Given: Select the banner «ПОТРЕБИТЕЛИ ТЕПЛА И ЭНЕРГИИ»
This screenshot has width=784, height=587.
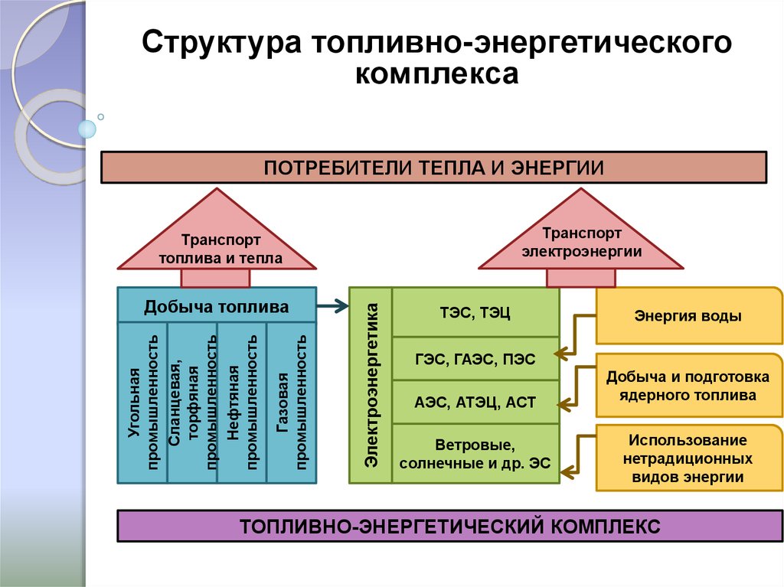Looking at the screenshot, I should pyautogui.click(x=434, y=167).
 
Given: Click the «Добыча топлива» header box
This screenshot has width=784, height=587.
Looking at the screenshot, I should pyautogui.click(x=217, y=307).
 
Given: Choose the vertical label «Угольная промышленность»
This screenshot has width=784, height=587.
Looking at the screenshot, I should pyautogui.click(x=142, y=403).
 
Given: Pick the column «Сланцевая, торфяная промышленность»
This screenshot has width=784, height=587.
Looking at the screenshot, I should pyautogui.click(x=192, y=403).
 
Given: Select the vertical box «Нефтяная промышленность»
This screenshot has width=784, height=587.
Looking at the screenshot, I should pyautogui.click(x=242, y=403).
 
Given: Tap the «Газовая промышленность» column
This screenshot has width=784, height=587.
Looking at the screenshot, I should pyautogui.click(x=292, y=403).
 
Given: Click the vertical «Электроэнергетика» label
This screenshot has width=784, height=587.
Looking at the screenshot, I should pyautogui.click(x=371, y=385).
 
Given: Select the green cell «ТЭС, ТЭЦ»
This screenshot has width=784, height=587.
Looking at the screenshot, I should pyautogui.click(x=475, y=311).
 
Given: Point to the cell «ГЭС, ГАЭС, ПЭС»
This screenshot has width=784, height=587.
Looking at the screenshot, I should pyautogui.click(x=475, y=359).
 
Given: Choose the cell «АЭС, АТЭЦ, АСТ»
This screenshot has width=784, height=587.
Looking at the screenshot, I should pyautogui.click(x=475, y=403).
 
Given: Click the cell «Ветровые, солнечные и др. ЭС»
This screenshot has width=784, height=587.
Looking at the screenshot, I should pyautogui.click(x=475, y=453).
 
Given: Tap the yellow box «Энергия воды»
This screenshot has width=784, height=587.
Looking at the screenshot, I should pyautogui.click(x=688, y=315).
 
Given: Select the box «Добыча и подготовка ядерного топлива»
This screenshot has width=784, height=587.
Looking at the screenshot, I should pyautogui.click(x=688, y=386).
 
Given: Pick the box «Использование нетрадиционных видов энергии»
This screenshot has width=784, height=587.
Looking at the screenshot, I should pyautogui.click(x=688, y=458).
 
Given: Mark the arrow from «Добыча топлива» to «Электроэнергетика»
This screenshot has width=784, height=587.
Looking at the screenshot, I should pyautogui.click(x=332, y=308).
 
